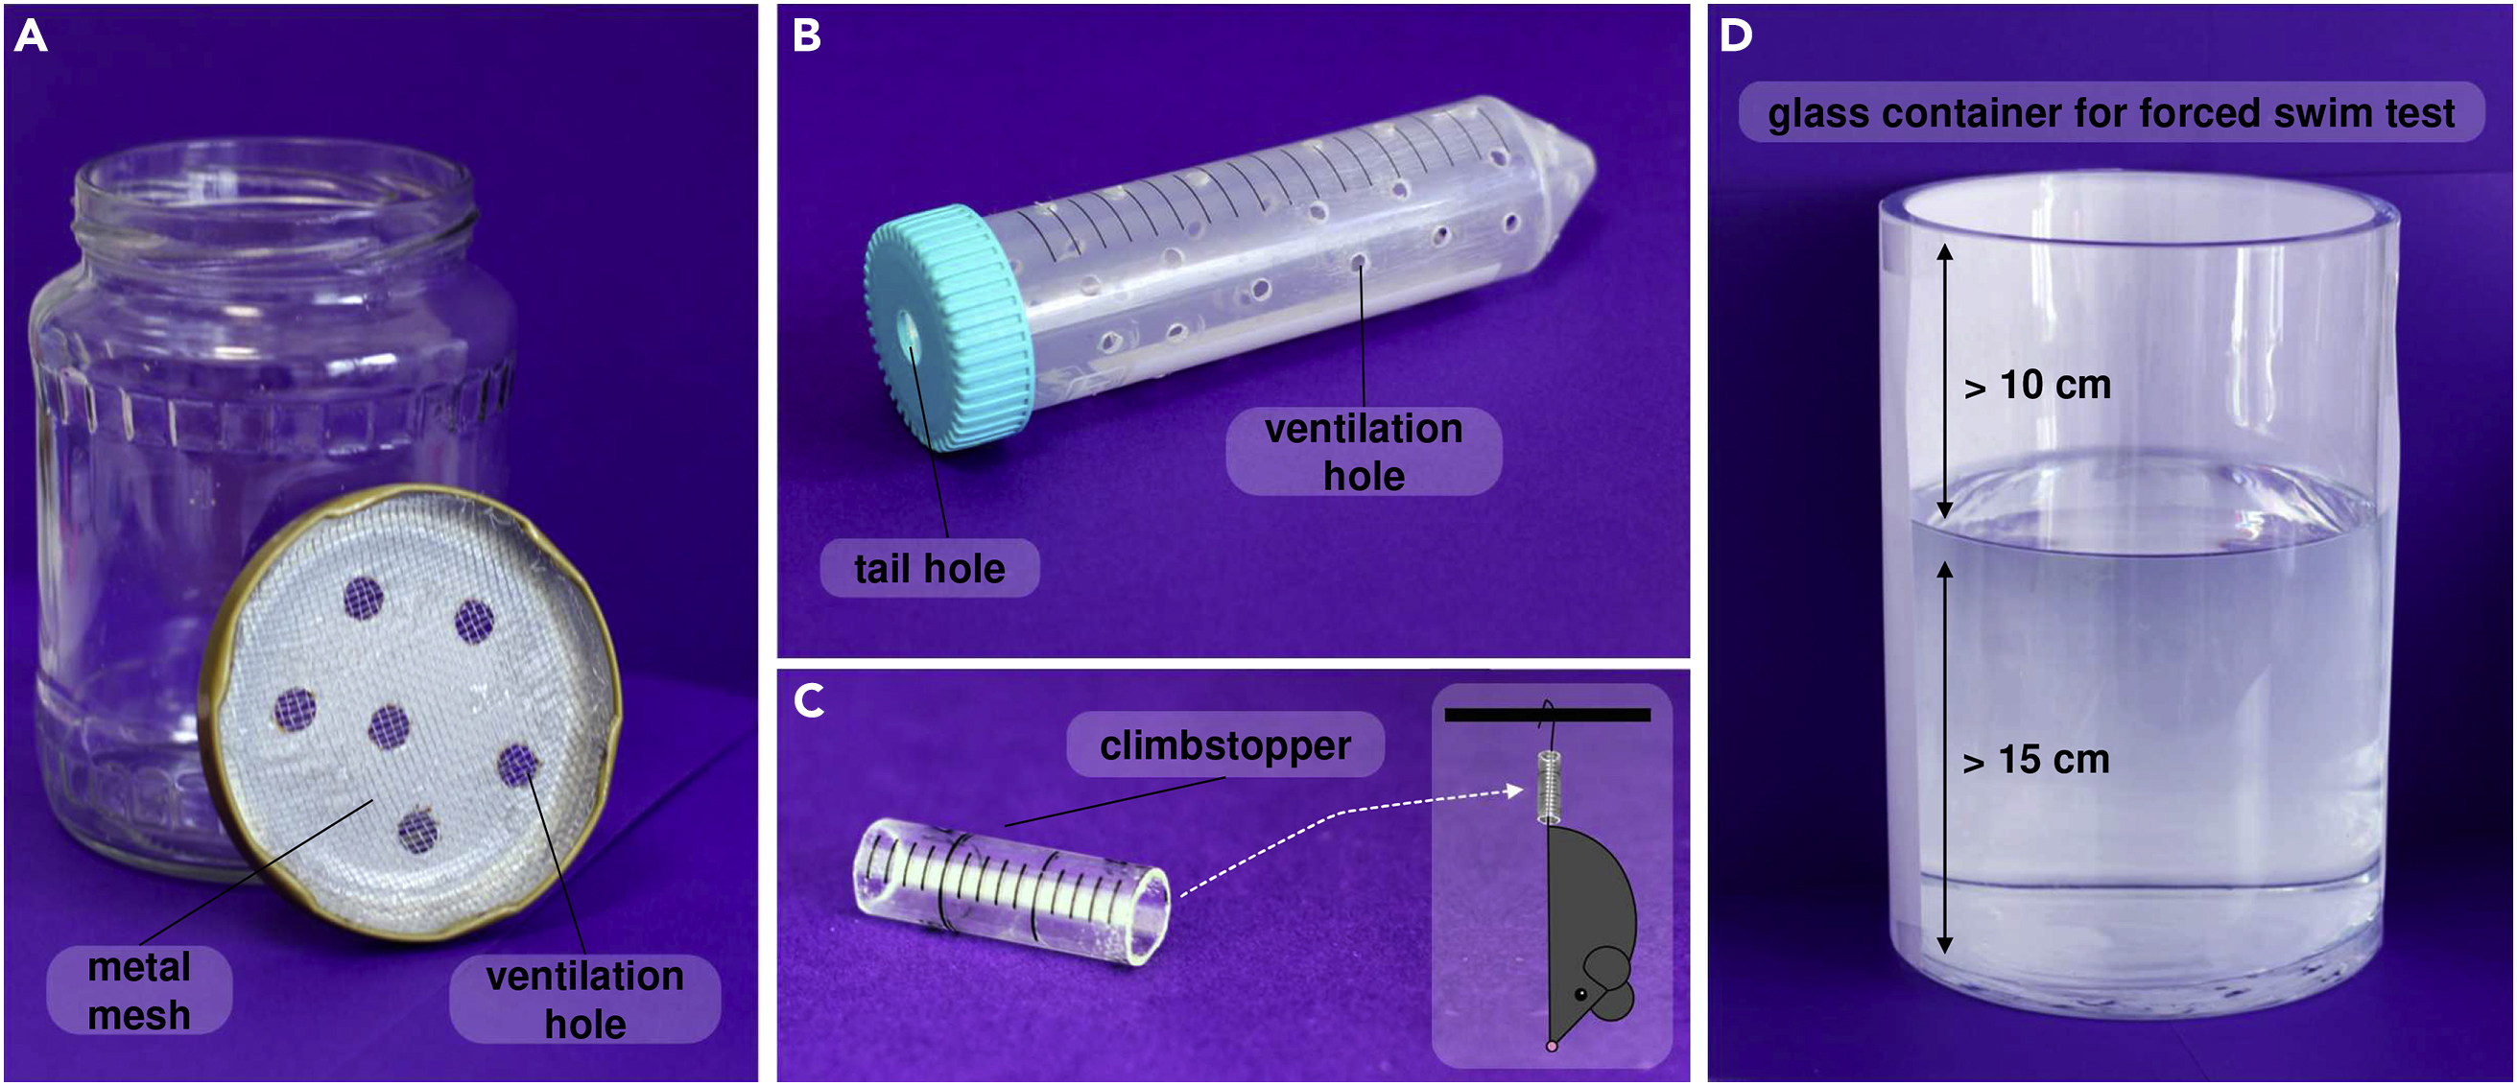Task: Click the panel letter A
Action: click(31, 37)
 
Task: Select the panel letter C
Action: click(809, 700)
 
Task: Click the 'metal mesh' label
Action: click(139, 990)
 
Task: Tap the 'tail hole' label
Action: click(929, 568)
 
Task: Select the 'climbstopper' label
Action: click(1224, 745)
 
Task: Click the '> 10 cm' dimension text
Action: click(2037, 385)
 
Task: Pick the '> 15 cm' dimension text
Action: click(2036, 760)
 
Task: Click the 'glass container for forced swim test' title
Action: click(2110, 113)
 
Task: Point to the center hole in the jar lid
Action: click(389, 726)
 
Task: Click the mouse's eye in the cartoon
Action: click(1581, 994)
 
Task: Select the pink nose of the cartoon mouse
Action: click(1552, 1046)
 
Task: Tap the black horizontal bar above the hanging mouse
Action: click(1547, 715)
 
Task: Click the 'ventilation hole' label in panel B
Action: click(1363, 452)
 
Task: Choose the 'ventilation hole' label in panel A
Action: click(584, 999)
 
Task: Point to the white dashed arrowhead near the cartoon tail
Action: click(1516, 791)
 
